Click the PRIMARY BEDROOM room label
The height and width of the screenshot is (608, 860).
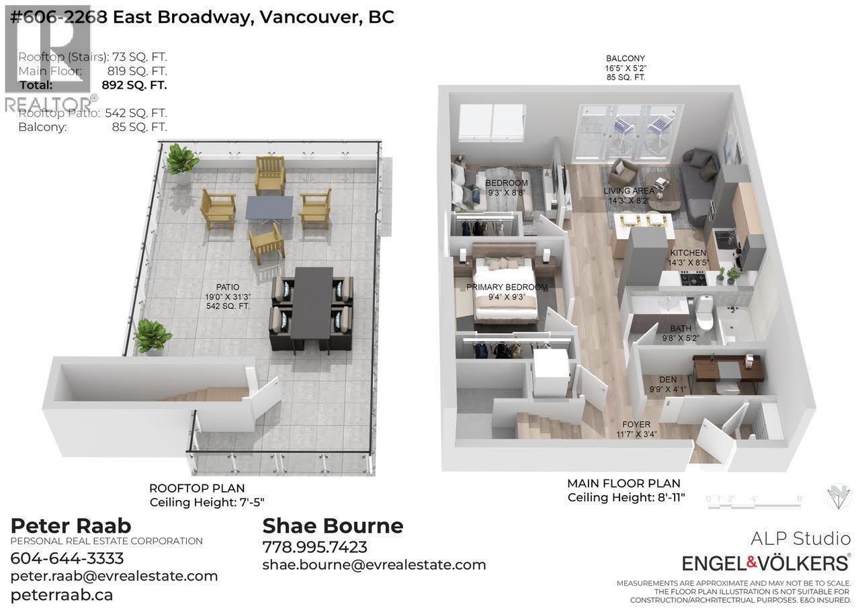point(507,288)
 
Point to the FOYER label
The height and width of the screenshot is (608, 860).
point(636,425)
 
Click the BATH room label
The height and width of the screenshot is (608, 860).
point(680,329)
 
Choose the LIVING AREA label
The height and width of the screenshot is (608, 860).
point(628,191)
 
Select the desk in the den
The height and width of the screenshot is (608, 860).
point(727,367)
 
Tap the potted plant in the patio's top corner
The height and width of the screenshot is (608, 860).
point(181,162)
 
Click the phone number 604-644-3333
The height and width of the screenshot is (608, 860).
point(67,558)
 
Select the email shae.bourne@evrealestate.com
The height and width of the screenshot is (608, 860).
point(374,564)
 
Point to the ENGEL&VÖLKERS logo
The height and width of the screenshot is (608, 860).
point(766,562)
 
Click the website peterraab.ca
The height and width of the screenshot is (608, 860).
point(62,595)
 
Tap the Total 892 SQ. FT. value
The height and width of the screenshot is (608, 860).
point(134,85)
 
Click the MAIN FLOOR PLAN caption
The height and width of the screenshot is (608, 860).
point(623,483)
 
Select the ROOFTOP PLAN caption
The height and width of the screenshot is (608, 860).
point(197,488)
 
